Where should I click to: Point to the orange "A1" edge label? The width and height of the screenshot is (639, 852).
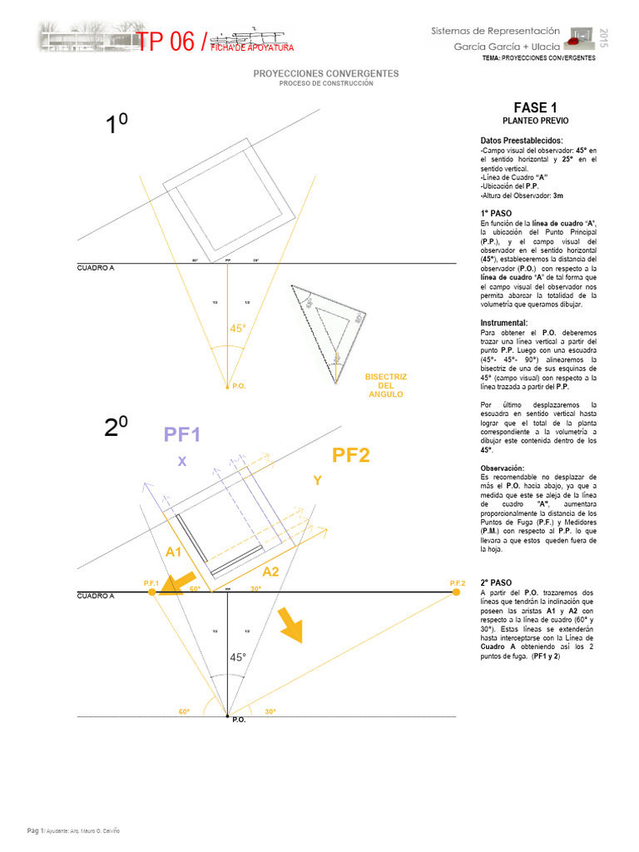pos(174,552)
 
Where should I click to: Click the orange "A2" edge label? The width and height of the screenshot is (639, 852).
pos(272,572)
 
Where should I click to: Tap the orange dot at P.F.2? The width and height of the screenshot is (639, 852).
pos(456,592)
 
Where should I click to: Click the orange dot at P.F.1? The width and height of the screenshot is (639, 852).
pos(151,592)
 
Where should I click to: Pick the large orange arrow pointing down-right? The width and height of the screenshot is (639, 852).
pos(290,626)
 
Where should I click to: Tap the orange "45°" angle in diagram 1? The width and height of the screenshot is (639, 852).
pos(238,329)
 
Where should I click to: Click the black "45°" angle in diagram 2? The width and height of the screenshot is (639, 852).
pos(238,657)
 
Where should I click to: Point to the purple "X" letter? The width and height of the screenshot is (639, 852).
pos(182,462)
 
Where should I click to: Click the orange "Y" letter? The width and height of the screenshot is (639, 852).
pos(317,481)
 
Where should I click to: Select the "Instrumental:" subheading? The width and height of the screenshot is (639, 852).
pos(503,322)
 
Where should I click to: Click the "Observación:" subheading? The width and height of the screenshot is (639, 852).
pos(503,468)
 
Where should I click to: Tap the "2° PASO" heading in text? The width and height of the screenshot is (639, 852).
pos(496,582)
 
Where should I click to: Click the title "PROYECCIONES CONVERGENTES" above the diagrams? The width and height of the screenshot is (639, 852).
pos(326,74)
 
